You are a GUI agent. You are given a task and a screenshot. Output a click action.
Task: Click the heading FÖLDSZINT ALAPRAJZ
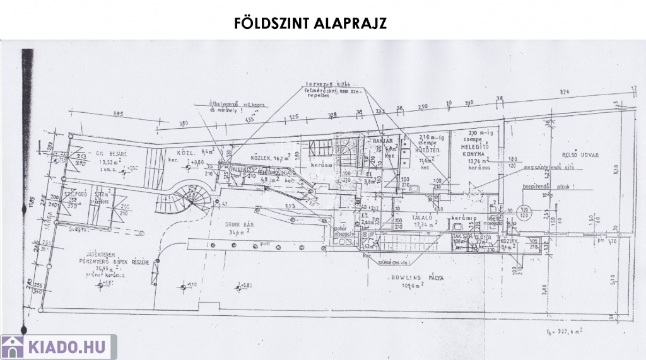click(x=310, y=23)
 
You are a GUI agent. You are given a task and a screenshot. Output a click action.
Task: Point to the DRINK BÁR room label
click(x=240, y=224)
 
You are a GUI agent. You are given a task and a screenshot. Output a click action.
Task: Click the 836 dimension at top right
click(x=564, y=91)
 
